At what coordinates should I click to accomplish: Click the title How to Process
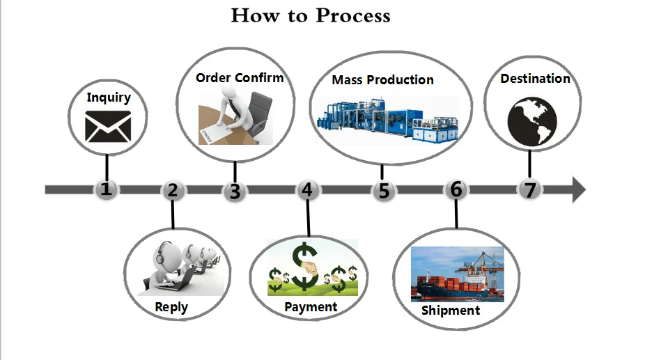[311, 15]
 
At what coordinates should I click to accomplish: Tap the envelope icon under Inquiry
[108, 126]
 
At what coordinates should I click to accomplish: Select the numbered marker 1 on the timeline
[105, 189]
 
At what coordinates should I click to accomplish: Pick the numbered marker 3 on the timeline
[235, 191]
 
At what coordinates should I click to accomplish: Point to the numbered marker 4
[307, 189]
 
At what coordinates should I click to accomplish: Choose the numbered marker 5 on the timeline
[382, 191]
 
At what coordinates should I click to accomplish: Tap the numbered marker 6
[456, 189]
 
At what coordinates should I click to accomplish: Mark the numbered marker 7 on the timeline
[530, 189]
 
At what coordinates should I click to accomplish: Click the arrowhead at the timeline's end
[578, 189]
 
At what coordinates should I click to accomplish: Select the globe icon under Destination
[532, 121]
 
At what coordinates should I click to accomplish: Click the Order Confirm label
[240, 77]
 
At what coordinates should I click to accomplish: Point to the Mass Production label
[382, 80]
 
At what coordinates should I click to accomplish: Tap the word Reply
[171, 307]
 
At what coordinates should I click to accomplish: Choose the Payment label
[311, 306]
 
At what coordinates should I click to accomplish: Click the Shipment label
[451, 310]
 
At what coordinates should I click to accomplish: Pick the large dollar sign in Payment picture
[304, 266]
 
